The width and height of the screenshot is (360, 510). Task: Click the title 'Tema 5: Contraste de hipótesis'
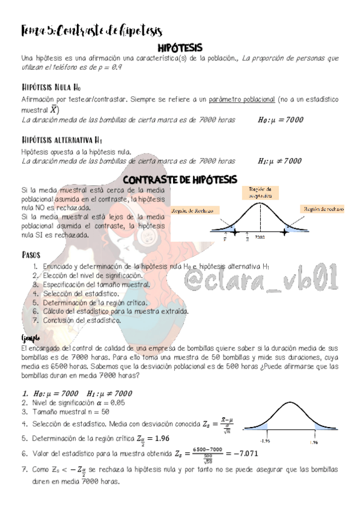tap(92, 30)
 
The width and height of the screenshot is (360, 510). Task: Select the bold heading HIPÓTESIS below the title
tap(180, 47)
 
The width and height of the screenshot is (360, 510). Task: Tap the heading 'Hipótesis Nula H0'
tap(50, 87)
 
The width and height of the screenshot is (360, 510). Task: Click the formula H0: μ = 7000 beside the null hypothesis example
tap(277, 120)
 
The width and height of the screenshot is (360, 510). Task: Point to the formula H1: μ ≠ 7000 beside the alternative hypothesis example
tap(279, 161)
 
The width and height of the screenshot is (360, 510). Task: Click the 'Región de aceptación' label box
tap(261, 192)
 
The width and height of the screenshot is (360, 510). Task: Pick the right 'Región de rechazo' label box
tap(323, 209)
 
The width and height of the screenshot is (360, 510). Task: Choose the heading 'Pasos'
tap(31, 254)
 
